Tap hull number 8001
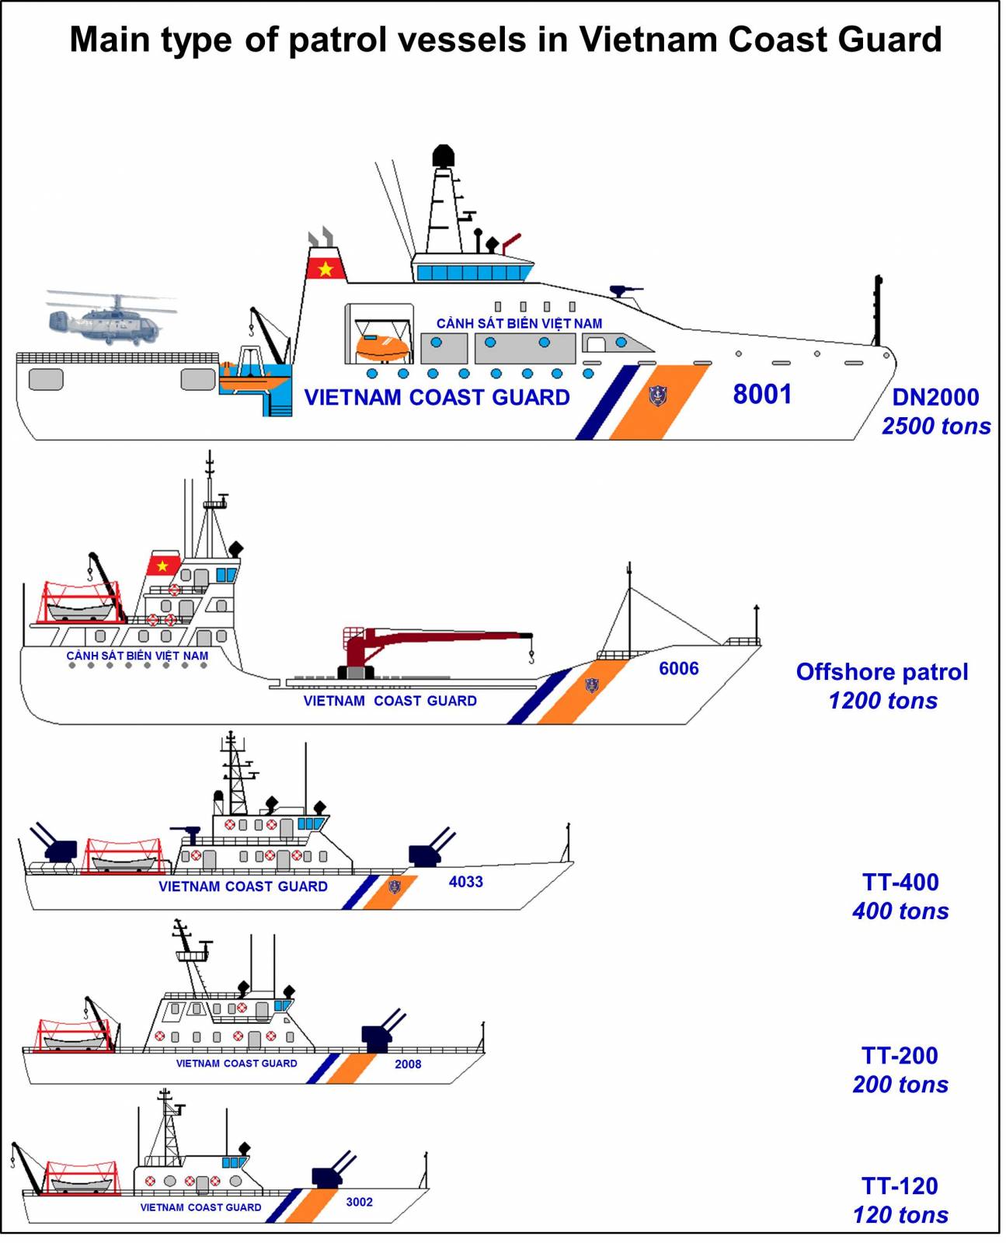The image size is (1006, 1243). point(761,394)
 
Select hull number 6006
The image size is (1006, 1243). point(678,668)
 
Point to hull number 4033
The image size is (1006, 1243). point(465,882)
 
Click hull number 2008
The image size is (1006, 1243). point(408,1064)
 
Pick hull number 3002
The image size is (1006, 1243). point(359,1202)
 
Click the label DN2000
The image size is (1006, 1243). point(935,397)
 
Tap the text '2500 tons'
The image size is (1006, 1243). point(935,426)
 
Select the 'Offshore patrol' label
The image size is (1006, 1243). point(882,672)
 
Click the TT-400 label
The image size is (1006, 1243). point(900,882)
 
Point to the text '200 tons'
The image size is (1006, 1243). point(900,1085)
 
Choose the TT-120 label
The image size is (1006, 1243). point(900,1186)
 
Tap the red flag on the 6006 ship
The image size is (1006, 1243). point(162,565)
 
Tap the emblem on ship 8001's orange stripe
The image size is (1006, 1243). point(657,395)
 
